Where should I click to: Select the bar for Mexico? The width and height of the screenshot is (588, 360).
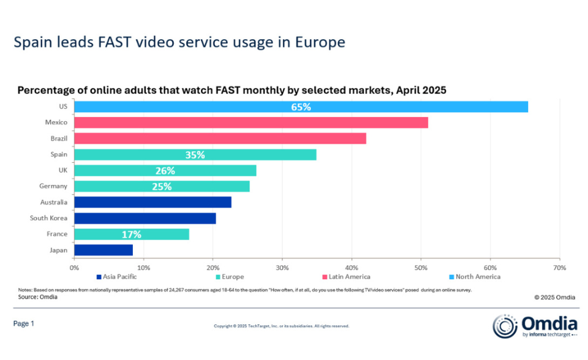251,122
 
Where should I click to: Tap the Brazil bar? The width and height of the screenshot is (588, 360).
220,138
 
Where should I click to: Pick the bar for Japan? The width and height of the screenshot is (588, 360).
103,250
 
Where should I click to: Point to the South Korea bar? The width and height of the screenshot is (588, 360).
145,218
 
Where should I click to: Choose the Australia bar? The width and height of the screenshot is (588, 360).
153,202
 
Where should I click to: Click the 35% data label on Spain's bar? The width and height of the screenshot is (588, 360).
195,155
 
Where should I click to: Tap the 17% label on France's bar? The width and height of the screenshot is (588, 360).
131,234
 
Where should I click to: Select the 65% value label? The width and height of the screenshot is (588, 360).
301,107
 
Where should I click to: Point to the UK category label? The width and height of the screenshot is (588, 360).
61,171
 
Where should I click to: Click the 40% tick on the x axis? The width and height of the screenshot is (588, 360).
351,268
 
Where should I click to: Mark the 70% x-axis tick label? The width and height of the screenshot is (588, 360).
559,268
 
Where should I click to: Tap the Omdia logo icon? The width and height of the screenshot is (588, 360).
505,326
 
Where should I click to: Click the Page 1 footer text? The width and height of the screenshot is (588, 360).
24,323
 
